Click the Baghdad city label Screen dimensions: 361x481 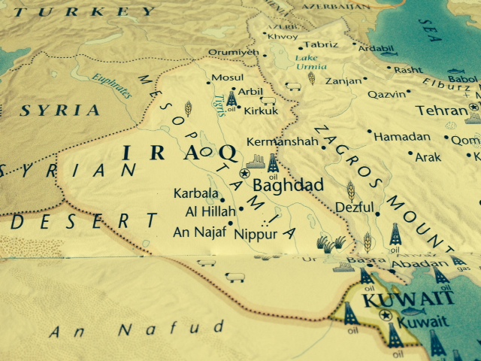(x=289, y=185)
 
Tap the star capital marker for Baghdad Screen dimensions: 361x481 (x=244, y=173)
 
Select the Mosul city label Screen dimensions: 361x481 (x=228, y=77)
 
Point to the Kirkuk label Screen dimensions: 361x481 (x=262, y=111)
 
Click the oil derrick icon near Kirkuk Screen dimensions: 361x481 (x=231, y=99)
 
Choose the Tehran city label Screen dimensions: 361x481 (x=442, y=111)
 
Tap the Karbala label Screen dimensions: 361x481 (x=194, y=193)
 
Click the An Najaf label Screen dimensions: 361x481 (x=198, y=232)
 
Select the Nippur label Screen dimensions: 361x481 (x=256, y=234)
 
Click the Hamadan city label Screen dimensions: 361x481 (x=403, y=137)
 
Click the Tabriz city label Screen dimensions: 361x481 (x=321, y=44)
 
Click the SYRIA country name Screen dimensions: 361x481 (x=59, y=111)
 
